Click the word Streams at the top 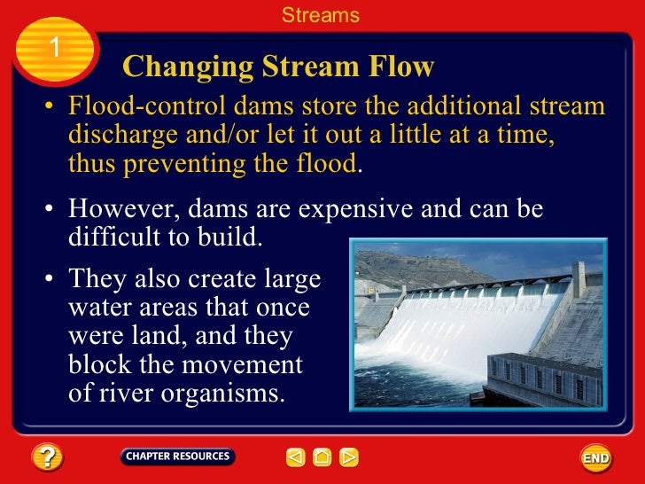tap(321, 15)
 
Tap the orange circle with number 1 tap(54, 48)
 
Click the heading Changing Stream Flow tap(278, 66)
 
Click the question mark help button tap(47, 457)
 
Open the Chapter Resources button tap(177, 457)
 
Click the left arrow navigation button tap(295, 457)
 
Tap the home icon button tap(322, 457)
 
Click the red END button tap(595, 458)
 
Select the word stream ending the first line tap(571, 107)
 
